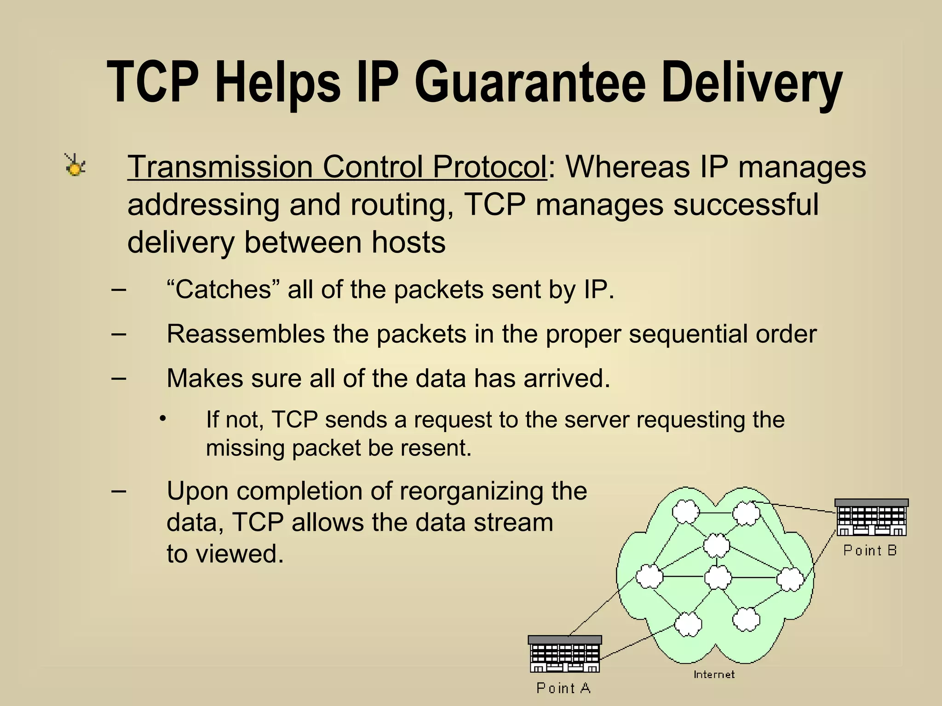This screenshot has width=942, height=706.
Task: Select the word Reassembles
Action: click(x=246, y=334)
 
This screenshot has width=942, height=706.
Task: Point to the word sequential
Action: click(x=687, y=334)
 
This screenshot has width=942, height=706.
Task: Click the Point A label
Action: click(x=563, y=688)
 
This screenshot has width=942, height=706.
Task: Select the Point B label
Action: click(x=870, y=550)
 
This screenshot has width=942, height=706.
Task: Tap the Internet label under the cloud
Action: click(x=714, y=674)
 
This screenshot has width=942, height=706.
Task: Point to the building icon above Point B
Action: click(x=871, y=518)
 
